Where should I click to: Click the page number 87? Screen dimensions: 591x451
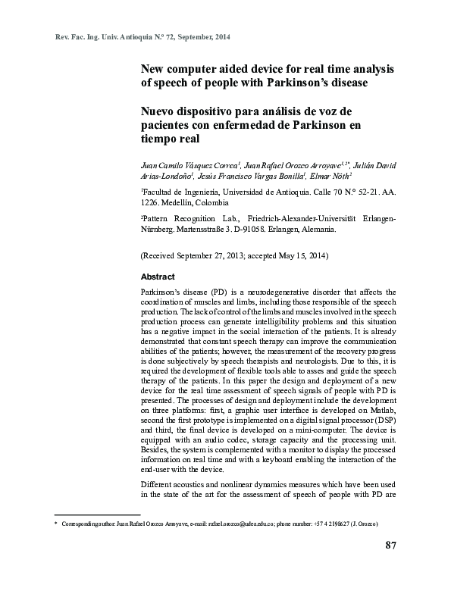tap(391, 546)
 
